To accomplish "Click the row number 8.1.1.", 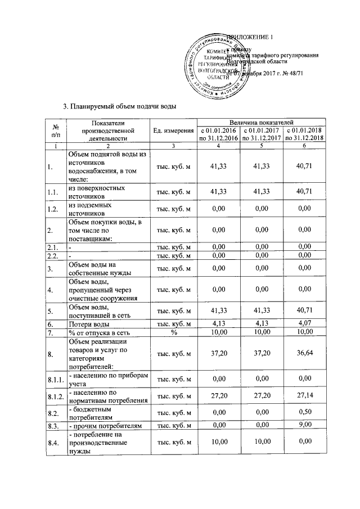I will pos(55,381).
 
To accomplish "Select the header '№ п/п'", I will pos(55,130).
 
